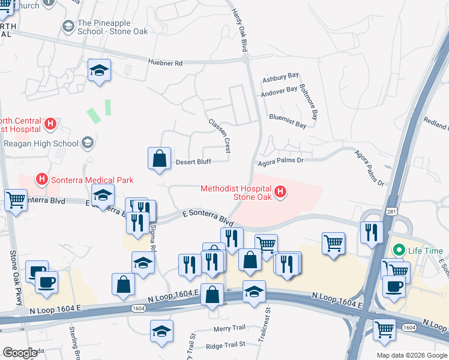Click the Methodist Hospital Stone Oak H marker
tap(280, 192)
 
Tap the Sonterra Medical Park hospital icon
tap(42, 179)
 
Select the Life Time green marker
tap(398, 250)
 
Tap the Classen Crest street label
tap(220, 134)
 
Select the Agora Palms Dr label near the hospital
tap(281, 161)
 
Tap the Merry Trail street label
tap(229, 328)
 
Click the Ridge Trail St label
tap(225, 344)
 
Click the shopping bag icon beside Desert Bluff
tap(160, 159)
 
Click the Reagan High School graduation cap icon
tap(88, 143)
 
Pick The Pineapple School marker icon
tap(68, 26)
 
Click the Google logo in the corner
tap(20, 353)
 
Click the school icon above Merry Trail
tap(161, 331)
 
